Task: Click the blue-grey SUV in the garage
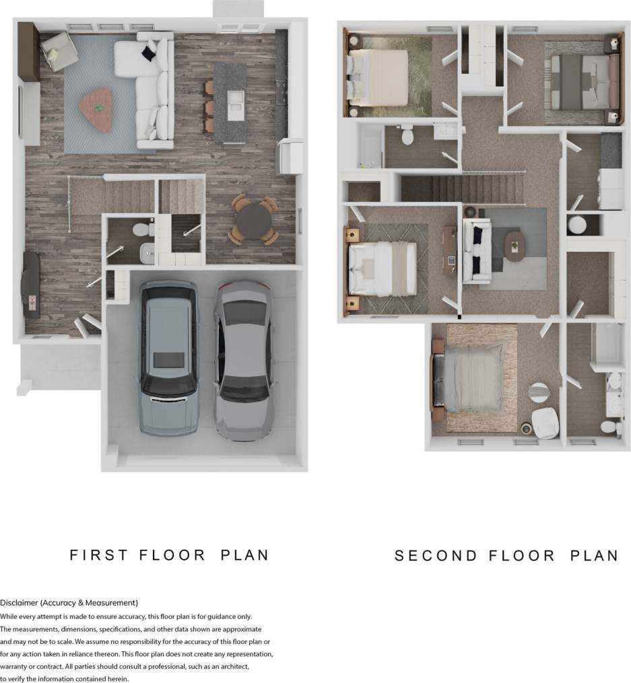[168, 358]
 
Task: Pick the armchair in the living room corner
[58, 50]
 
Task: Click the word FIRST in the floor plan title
[98, 555]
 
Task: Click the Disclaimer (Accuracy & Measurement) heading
[69, 602]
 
